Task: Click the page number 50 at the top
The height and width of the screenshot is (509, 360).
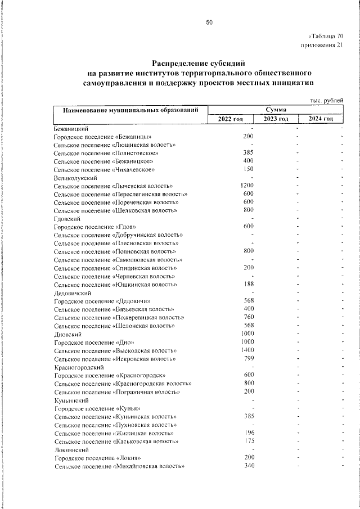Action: pos(209,22)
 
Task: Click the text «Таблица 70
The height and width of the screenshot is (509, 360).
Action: pos(325,36)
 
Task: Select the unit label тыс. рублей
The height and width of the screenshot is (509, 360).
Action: pos(326,100)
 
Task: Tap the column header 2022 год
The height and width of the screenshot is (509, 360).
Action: pos(230,119)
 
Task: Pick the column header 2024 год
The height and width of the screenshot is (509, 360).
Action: pos(321,119)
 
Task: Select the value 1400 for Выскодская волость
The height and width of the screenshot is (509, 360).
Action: pos(247,350)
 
